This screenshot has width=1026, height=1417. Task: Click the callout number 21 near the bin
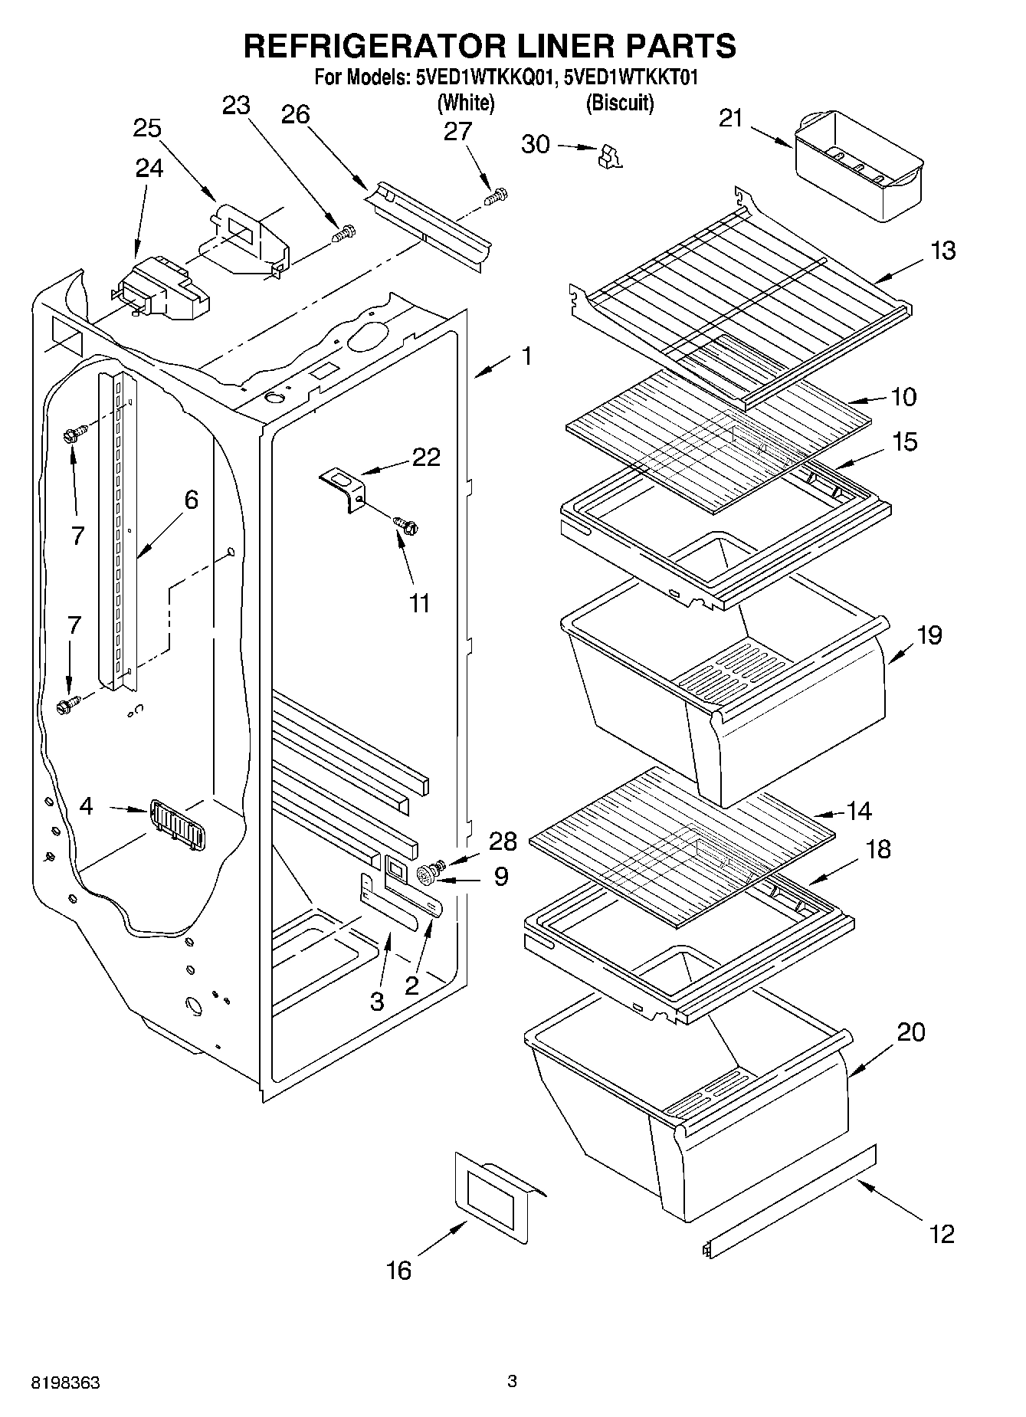(732, 119)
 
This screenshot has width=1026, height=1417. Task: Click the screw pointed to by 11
(406, 525)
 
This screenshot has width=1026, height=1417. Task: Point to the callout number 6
(191, 500)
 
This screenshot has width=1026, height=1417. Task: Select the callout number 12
(942, 1234)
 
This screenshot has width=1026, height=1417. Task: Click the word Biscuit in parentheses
(619, 103)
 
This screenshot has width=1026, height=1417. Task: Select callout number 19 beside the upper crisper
(929, 636)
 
